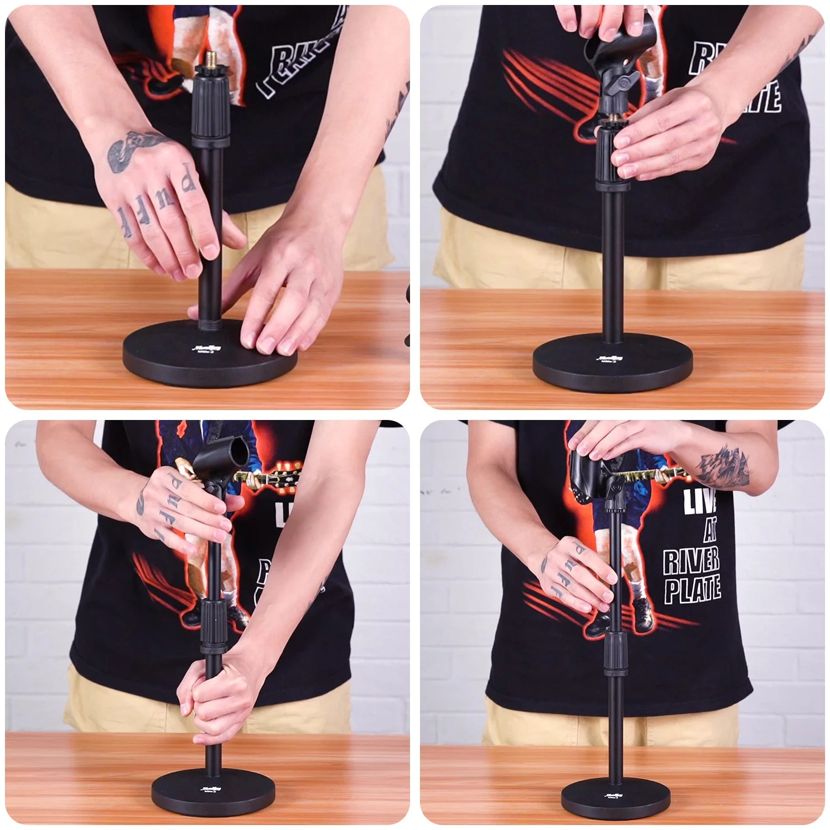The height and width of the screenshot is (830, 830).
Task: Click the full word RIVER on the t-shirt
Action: point(692,560)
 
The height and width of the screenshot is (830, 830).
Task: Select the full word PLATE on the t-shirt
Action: point(693,589)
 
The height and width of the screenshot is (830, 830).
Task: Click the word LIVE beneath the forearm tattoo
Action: point(700,501)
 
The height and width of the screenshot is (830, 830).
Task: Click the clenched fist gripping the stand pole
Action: point(209,698)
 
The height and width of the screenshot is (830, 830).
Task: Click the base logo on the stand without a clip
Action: point(210,350)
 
